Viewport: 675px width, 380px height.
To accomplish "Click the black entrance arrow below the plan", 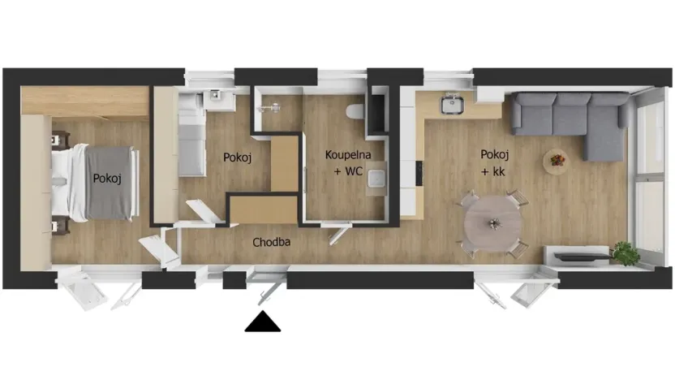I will [x=262, y=322].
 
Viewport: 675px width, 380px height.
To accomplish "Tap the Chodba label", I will [x=272, y=242].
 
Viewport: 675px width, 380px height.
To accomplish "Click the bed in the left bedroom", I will [x=94, y=182].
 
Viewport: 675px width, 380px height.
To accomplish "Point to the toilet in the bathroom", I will [x=355, y=112].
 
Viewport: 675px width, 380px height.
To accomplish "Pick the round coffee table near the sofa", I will [x=557, y=158].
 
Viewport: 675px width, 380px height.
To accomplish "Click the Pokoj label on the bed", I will [x=107, y=179].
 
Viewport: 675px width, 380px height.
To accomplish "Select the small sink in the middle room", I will [x=215, y=97].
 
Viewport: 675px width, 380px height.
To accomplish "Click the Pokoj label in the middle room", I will [x=237, y=158].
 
